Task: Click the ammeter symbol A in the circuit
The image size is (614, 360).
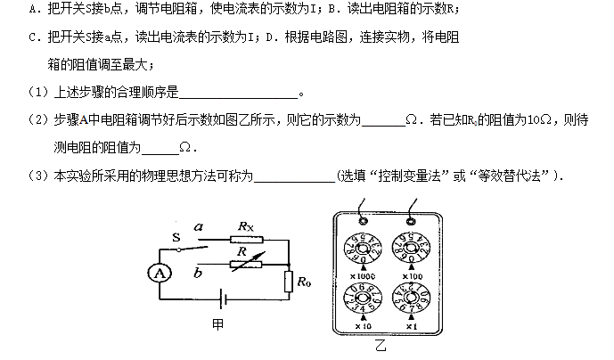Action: [x=160, y=274]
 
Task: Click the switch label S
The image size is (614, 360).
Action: [x=177, y=237]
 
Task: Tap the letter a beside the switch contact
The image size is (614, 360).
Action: [x=200, y=228]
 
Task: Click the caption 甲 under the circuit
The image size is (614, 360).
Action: [x=217, y=325]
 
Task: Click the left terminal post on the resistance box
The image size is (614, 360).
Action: [x=362, y=217]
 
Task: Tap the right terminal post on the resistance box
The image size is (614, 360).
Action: [x=412, y=217]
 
